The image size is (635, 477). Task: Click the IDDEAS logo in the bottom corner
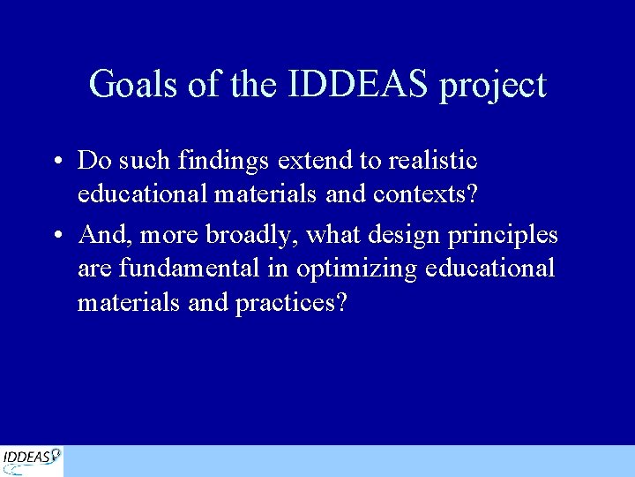click(32, 460)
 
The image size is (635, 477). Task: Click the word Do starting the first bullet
click(93, 161)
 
